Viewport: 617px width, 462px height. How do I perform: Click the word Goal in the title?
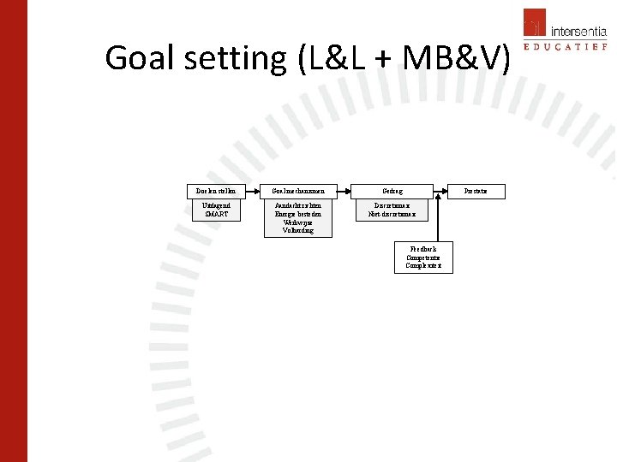click(x=141, y=58)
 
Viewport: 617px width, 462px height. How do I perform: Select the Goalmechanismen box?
click(x=298, y=191)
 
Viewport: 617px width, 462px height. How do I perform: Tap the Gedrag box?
click(x=392, y=191)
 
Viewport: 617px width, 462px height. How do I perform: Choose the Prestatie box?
click(x=476, y=191)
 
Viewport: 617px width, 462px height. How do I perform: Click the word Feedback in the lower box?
click(x=423, y=249)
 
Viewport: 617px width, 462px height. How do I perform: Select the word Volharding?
click(x=298, y=230)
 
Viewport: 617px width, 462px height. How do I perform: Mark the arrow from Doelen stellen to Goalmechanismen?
click(x=252, y=191)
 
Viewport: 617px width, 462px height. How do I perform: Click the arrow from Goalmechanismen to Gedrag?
click(x=344, y=191)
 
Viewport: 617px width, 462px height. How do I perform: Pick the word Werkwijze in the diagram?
click(x=298, y=222)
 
